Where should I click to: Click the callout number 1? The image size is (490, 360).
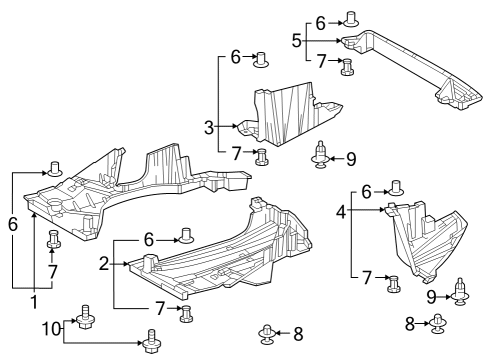34,301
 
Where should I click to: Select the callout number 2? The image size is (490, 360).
103,263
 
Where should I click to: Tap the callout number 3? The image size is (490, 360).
208,127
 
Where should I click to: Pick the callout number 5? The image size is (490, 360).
296,41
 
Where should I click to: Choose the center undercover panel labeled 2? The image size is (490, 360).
220,250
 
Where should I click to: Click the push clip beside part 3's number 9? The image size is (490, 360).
320,156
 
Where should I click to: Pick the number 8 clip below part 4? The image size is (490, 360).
439,322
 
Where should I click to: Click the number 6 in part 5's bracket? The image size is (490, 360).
321,22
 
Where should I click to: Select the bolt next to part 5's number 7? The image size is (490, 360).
348,67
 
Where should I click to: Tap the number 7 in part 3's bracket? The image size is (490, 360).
236,152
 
